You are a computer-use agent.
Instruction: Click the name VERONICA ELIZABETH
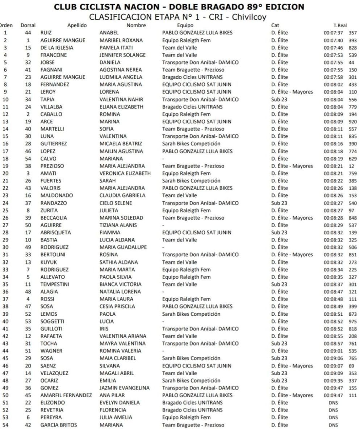[125, 174]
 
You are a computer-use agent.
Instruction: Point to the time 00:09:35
[334, 380]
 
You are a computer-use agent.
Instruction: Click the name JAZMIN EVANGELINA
[124, 387]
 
